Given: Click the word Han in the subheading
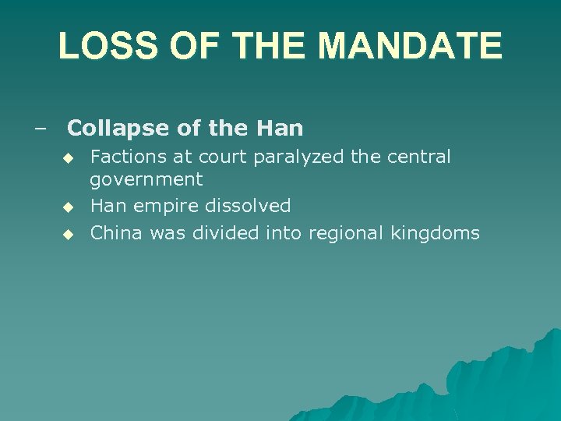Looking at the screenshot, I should tap(284, 127).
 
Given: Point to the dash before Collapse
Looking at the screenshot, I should tap(40, 127).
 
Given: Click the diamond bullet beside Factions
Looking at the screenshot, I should tap(68, 157).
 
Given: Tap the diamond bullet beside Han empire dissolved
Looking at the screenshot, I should tap(68, 207).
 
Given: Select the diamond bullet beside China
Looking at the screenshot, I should tap(68, 233).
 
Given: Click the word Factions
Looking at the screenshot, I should tap(129, 157).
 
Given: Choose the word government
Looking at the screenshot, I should tap(146, 180).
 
